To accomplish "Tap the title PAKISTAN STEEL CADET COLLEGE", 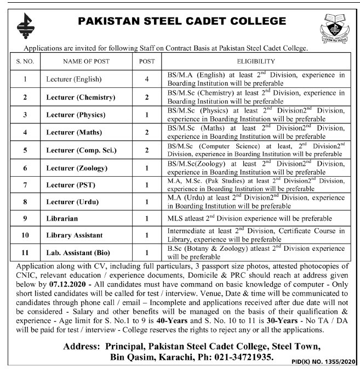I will point(182,21).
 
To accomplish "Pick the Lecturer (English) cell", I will point(74,79).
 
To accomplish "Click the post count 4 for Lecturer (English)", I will point(147,79).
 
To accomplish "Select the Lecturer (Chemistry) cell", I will point(81,97).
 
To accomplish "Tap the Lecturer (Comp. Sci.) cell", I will point(81,150).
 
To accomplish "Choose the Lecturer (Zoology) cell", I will point(78,167).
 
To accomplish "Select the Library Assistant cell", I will point(75,235).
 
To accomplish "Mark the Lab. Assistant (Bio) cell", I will point(78,252).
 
